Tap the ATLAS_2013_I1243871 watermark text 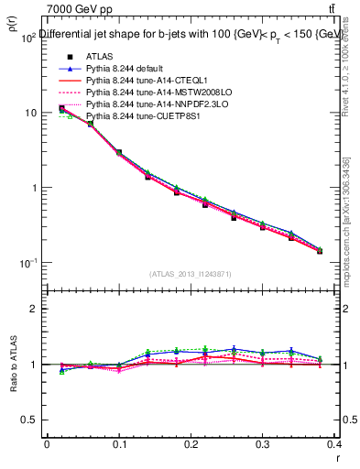click(191, 274)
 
